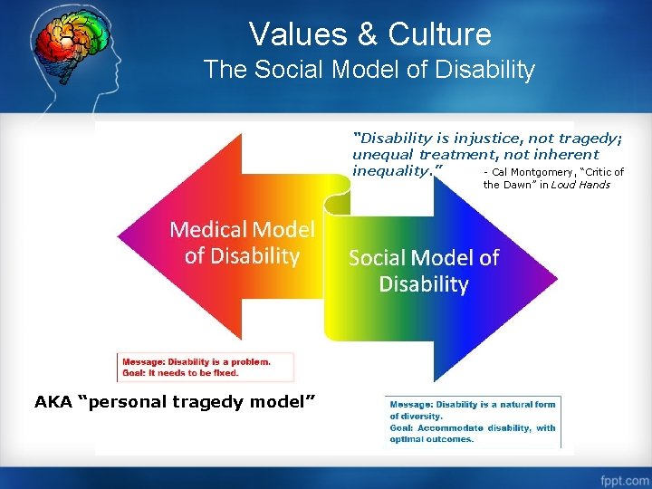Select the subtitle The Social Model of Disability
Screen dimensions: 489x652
tap(369, 70)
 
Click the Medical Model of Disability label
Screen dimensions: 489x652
tap(242, 243)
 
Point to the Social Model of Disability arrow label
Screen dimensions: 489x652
tap(423, 271)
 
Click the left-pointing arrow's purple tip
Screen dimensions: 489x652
tap(127, 237)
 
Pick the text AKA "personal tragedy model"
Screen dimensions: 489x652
tap(175, 401)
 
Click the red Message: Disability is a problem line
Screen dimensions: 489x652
tap(196, 361)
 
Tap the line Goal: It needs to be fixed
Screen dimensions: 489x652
tap(180, 372)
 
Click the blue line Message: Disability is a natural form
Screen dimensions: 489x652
tap(472, 405)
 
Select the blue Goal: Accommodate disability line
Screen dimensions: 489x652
tap(472, 427)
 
